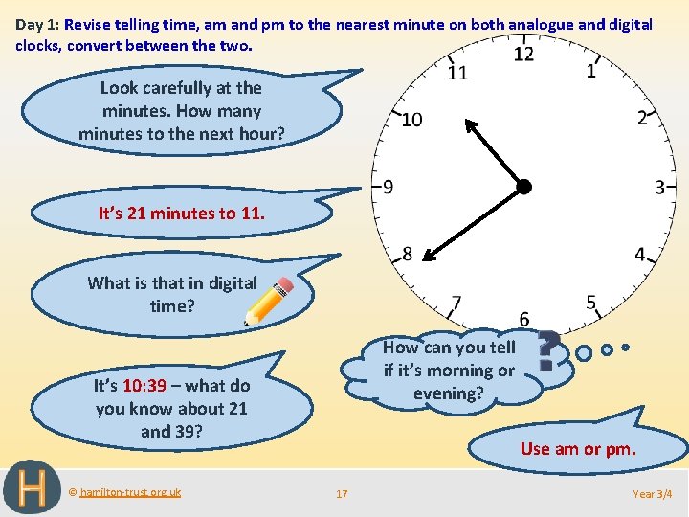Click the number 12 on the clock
point(523,54)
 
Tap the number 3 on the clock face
point(659,187)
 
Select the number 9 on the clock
point(387,187)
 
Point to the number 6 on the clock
point(523,318)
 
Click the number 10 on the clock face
point(411,120)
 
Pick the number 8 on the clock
point(407,254)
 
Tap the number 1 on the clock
point(590,71)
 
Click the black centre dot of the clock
point(523,187)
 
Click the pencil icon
point(269,301)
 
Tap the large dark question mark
point(548,351)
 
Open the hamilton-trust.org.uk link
point(129,492)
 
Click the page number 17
point(342,494)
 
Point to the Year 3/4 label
point(653,494)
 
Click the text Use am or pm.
point(578,448)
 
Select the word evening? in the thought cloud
point(449,393)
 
